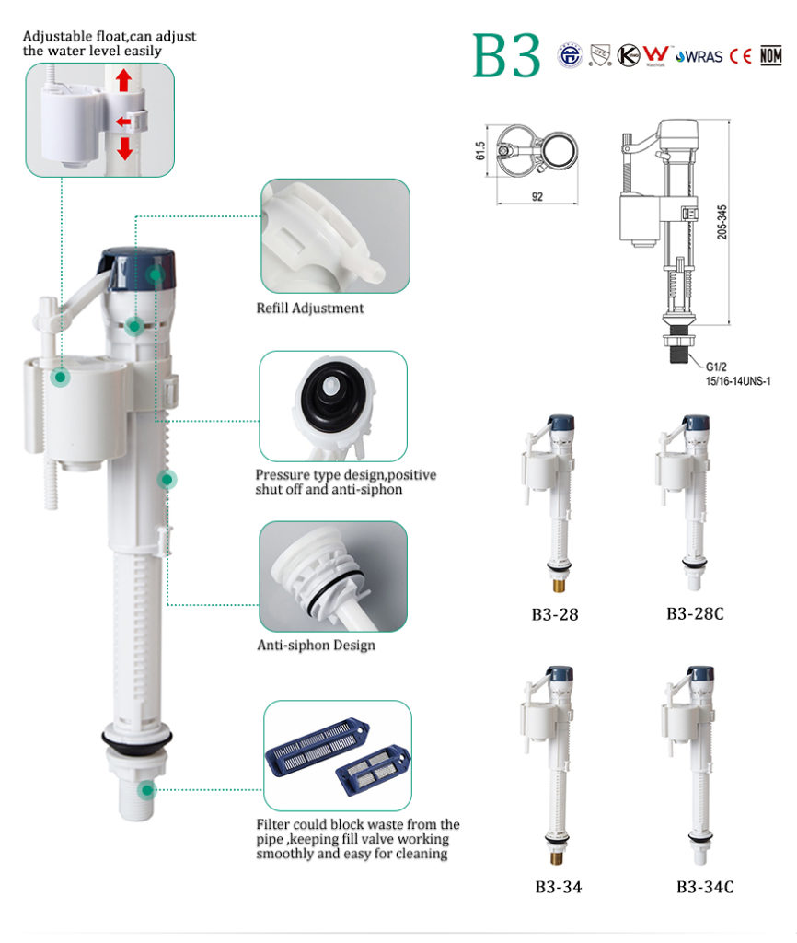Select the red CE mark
pyautogui.click(x=741, y=55)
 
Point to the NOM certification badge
pyautogui.click(x=770, y=55)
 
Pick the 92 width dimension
pyautogui.click(x=537, y=195)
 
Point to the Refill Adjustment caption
pyautogui.click(x=309, y=309)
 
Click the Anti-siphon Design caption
pyautogui.click(x=316, y=645)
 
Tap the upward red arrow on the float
pyautogui.click(x=124, y=82)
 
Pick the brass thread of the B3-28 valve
pyautogui.click(x=555, y=584)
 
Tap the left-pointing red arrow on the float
pyautogui.click(x=121, y=121)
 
